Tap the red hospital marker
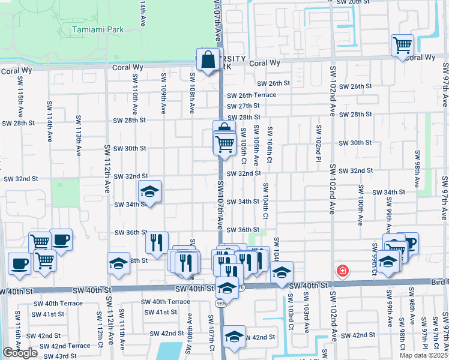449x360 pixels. (x=343, y=271)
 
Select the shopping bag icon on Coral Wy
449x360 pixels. (x=208, y=59)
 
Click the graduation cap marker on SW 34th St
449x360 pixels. (x=149, y=192)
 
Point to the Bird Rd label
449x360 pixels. (x=440, y=281)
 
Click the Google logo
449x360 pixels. (x=20, y=353)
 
